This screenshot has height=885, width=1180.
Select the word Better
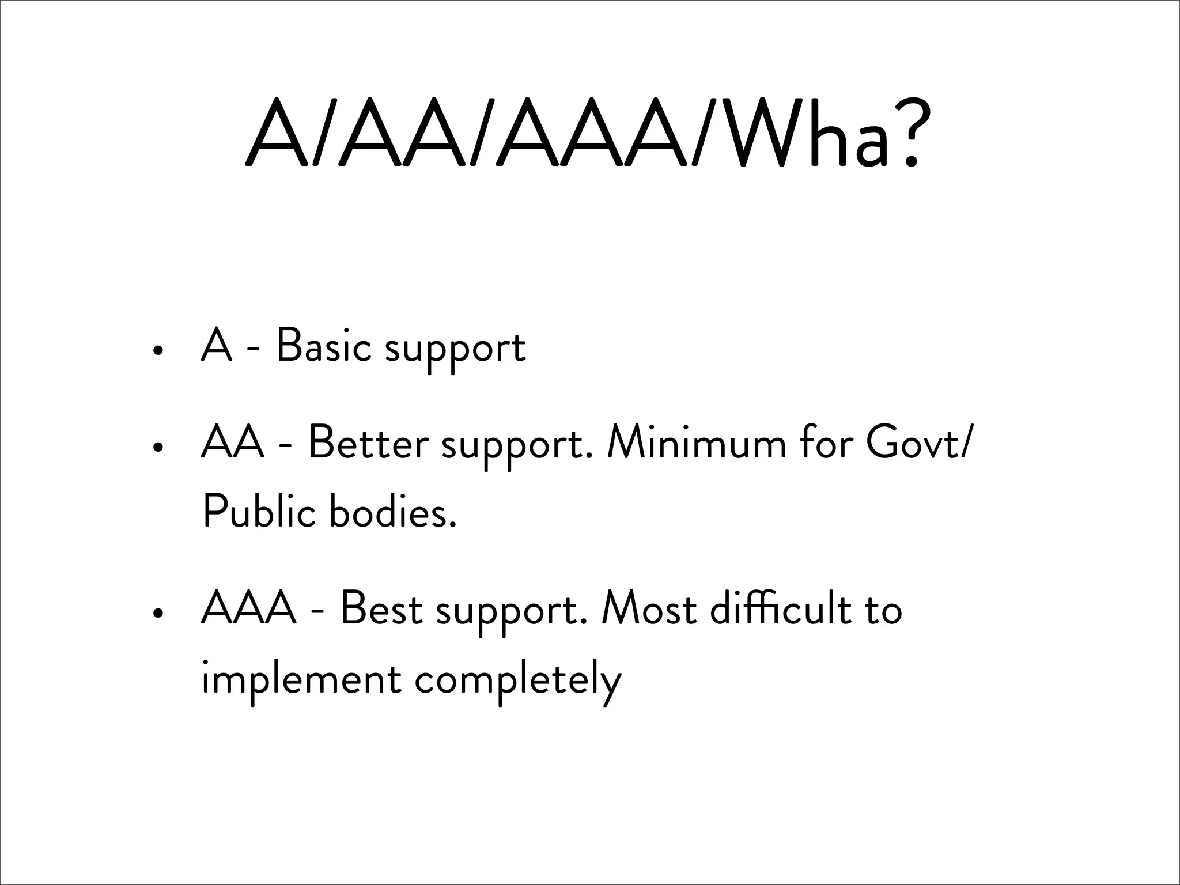[x=369, y=444]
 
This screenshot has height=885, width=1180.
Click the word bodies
[x=392, y=512]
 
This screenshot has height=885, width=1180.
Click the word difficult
[x=780, y=609]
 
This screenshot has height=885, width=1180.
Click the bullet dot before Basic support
[x=156, y=350]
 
